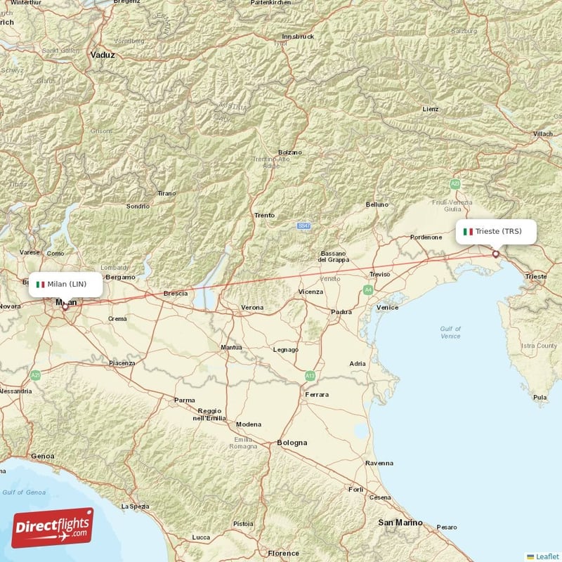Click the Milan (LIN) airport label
[67, 284]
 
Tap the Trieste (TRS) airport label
[497, 231]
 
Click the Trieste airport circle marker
[495, 254]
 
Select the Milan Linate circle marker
[65, 306]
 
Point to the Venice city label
[387, 307]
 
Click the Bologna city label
[292, 443]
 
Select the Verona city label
[252, 308]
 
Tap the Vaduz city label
[103, 54]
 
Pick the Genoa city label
[42, 456]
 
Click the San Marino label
[400, 523]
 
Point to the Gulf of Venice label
[450, 332]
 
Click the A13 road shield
[310, 377]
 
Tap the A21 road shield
[36, 376]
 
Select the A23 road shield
[455, 184]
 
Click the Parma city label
[185, 400]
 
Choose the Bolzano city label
[289, 152]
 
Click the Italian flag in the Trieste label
[468, 231]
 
